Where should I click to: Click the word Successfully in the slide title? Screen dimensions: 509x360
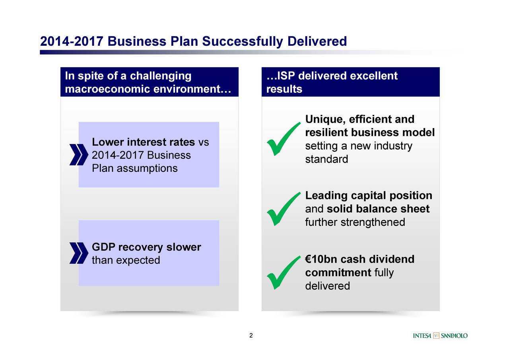tap(243, 42)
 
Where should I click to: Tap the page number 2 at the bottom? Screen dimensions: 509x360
tap(251, 335)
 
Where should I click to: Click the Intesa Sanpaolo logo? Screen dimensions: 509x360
tap(440, 336)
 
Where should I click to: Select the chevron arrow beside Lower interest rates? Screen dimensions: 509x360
tap(79, 155)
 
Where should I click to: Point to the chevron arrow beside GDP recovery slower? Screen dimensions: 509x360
tap(79, 253)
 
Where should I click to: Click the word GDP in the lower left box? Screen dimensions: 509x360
tap(103, 247)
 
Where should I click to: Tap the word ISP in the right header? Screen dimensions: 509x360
tap(286, 76)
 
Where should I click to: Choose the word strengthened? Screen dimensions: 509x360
tap(373, 222)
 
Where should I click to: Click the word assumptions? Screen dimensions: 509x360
tap(147, 168)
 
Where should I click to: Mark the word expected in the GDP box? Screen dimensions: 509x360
tap(138, 261)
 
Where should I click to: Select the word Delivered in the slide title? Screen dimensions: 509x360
tap(317, 41)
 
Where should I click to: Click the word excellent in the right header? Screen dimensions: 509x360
tap(374, 76)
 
